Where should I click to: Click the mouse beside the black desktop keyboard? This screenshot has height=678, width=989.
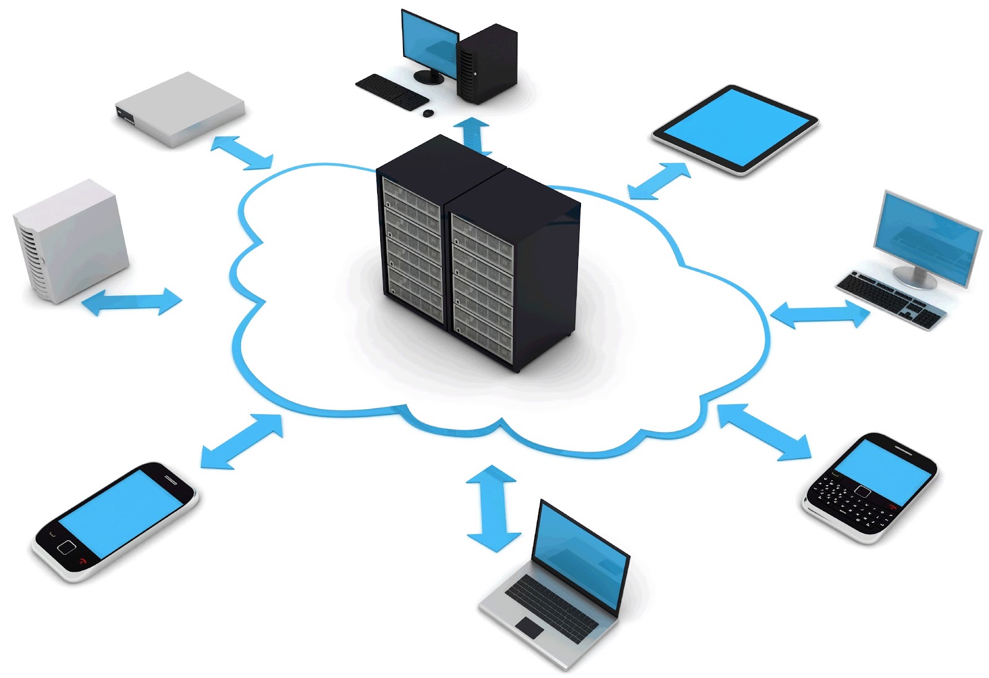click(x=428, y=113)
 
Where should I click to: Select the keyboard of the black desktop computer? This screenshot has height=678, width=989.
click(x=391, y=92)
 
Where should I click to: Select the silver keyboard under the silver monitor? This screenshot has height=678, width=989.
click(x=890, y=299)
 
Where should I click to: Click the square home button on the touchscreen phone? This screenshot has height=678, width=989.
click(x=66, y=547)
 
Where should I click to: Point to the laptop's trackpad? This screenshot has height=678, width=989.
click(x=530, y=627)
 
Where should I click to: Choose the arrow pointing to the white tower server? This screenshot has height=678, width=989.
click(x=132, y=302)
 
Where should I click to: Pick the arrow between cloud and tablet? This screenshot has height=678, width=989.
click(x=659, y=180)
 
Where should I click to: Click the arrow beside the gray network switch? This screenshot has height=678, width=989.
click(x=241, y=152)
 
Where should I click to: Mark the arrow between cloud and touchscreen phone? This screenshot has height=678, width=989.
click(x=242, y=441)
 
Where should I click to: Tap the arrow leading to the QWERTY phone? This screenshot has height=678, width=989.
click(x=765, y=431)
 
